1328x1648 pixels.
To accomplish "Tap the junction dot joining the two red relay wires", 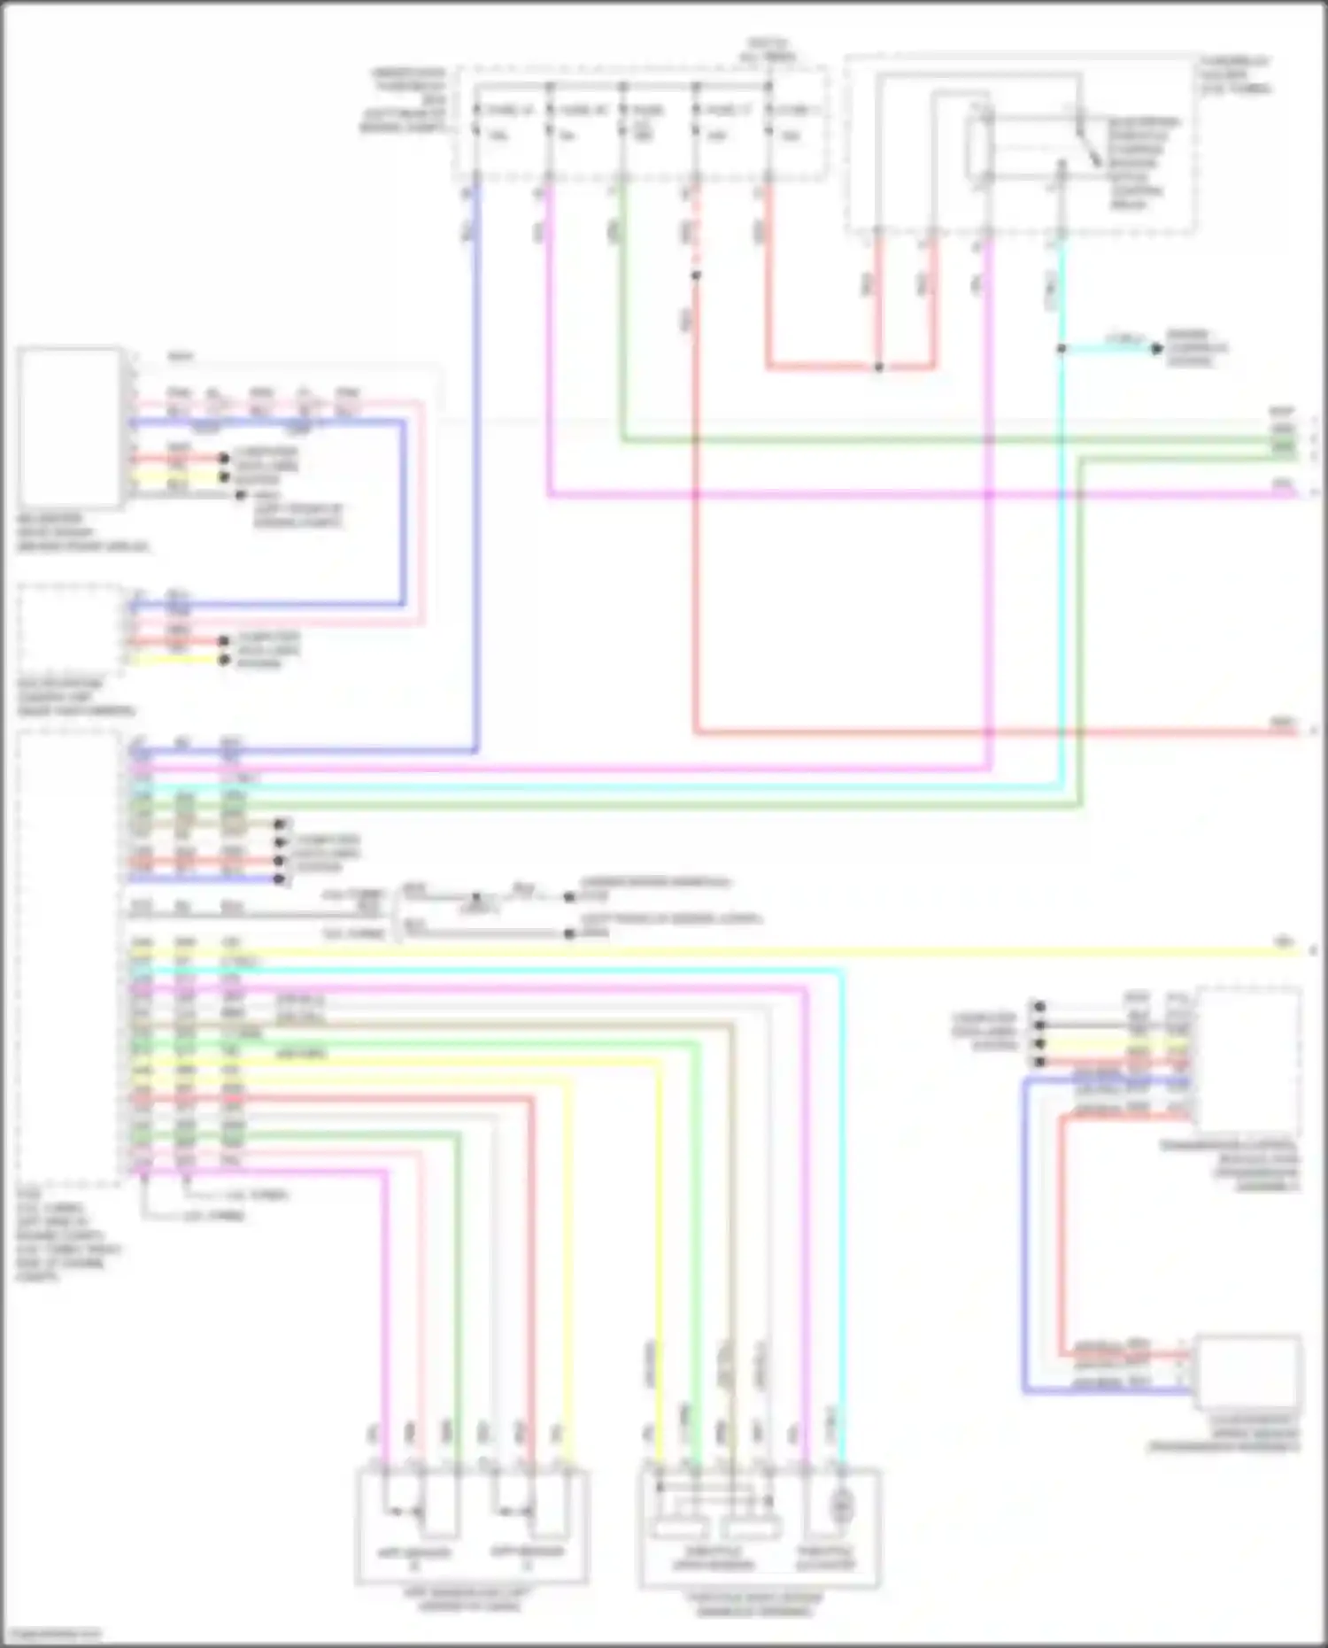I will coord(878,367).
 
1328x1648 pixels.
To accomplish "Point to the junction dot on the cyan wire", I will coord(1061,349).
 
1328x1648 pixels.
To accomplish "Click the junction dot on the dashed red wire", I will coord(696,276).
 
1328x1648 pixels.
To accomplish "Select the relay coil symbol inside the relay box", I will coord(980,151).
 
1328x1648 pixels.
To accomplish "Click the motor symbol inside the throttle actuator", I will coord(842,1505).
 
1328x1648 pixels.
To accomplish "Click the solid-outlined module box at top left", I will coord(69,428).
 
